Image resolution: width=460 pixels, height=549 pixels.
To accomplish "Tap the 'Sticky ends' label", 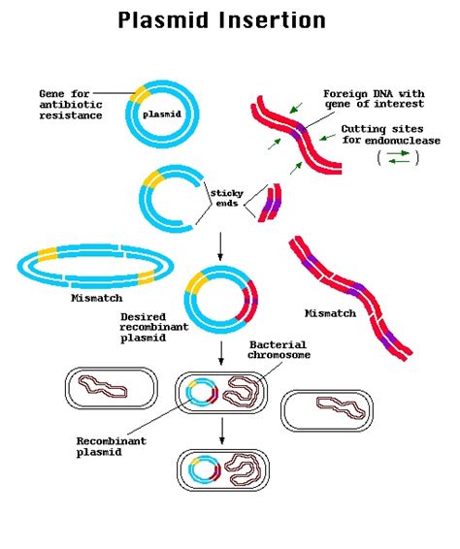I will click(226, 198).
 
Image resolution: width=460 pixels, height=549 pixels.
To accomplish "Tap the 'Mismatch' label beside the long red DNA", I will click(331, 313).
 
